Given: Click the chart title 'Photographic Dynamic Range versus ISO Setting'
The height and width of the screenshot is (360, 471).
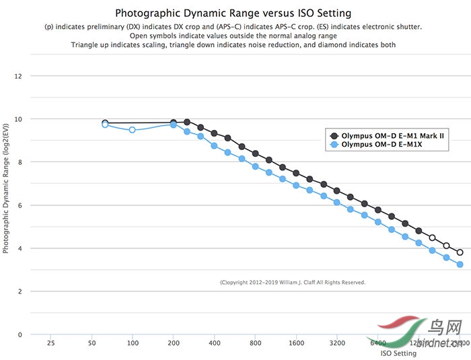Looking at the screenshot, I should [233, 13].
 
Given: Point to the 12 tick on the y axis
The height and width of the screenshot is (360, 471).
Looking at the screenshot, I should [18, 76].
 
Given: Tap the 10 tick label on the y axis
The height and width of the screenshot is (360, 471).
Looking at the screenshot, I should [18, 119].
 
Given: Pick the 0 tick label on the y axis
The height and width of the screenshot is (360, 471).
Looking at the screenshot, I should [20, 334].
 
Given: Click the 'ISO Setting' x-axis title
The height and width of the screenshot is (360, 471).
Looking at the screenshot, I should [398, 353].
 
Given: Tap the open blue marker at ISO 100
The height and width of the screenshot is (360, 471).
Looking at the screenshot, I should [133, 130].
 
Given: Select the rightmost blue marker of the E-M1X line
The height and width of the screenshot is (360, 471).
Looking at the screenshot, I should [460, 264].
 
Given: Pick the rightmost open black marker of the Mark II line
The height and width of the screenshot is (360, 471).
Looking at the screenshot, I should [460, 252].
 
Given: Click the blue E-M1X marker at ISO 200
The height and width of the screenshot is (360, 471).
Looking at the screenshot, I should [174, 125].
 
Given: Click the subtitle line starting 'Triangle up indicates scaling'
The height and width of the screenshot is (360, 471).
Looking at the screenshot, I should [233, 44].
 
